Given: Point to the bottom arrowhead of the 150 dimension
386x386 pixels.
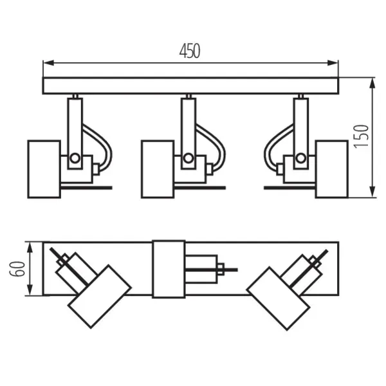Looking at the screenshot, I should point(373,194).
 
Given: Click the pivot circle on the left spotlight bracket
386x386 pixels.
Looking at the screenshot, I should point(75,158).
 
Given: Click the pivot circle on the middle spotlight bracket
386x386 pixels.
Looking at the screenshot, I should point(188,158).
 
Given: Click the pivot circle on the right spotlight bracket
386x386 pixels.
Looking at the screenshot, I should point(299,158).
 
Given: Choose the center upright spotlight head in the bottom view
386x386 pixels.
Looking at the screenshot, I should point(169,269).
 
